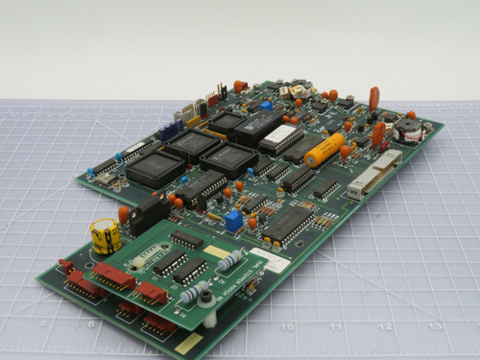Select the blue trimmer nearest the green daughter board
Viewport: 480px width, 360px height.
tap(233, 221)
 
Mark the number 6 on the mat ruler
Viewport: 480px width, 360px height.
tap(91, 324)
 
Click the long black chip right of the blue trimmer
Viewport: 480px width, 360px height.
tap(287, 222)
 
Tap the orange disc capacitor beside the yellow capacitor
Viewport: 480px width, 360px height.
tap(123, 213)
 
